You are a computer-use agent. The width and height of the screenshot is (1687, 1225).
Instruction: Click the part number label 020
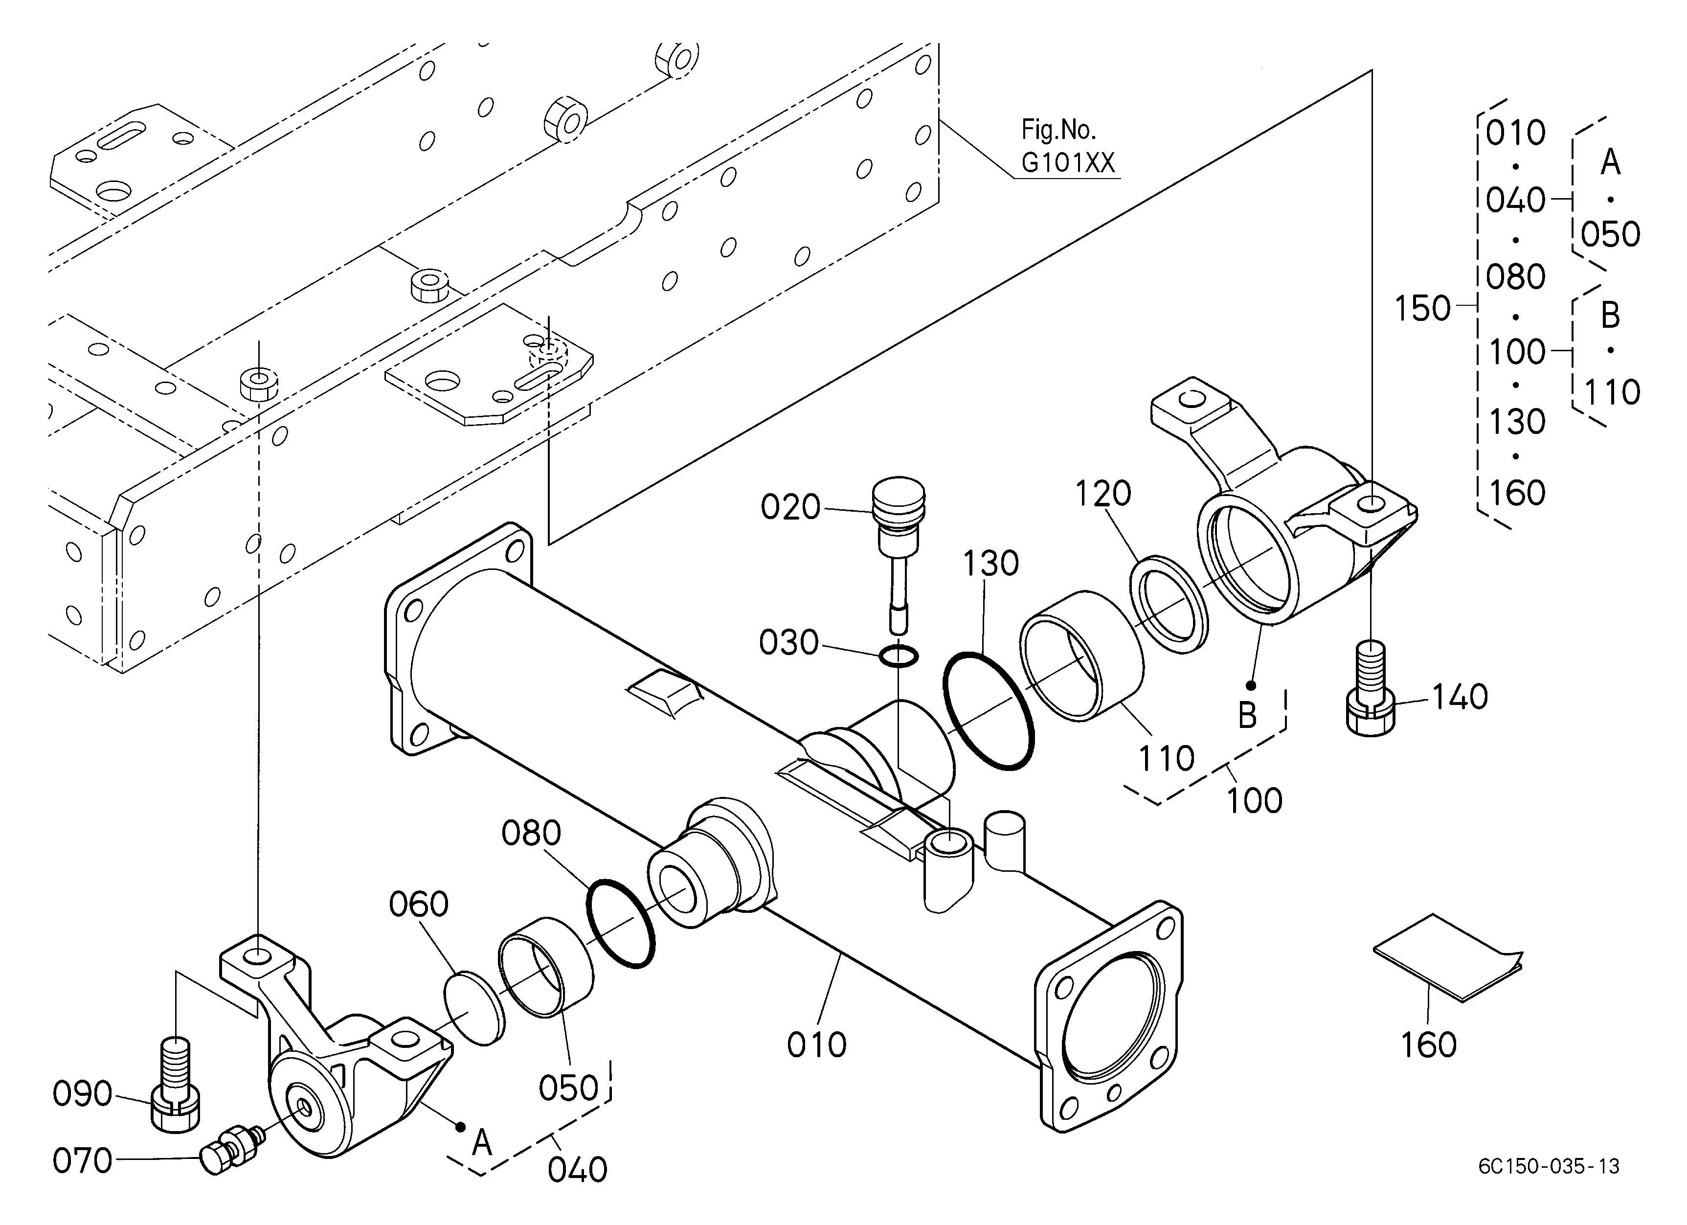pos(790,507)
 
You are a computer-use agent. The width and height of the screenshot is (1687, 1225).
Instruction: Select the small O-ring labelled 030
pos(899,656)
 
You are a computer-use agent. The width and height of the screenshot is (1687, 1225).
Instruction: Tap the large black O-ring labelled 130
pos(989,710)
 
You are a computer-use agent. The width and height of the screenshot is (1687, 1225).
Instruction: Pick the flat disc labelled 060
pos(474,1008)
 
